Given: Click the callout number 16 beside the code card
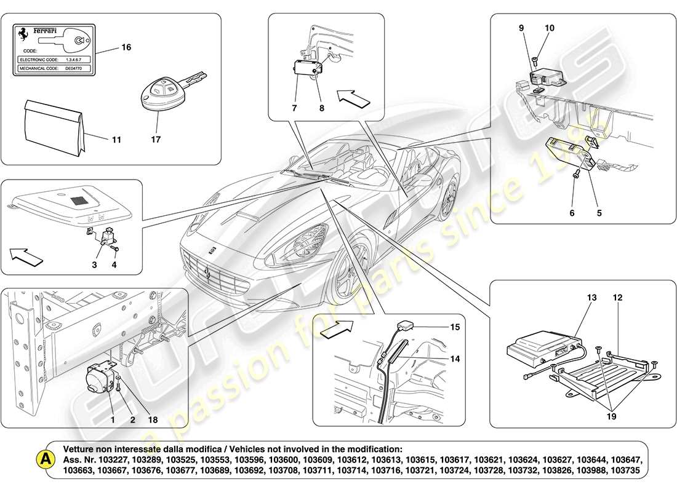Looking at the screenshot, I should point(127,47).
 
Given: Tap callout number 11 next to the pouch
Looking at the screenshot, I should point(116,140).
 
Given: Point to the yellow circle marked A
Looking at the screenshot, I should point(45,459).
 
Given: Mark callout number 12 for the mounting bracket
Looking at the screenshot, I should point(617,298).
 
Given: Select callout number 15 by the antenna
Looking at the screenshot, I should point(454,328).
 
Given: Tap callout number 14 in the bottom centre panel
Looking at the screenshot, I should point(454,359).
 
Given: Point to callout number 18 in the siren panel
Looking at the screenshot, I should point(153,420).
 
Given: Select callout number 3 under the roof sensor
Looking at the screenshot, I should point(94,265).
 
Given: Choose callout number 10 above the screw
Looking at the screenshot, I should point(550,28).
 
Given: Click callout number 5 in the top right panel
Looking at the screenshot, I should point(599,213).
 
